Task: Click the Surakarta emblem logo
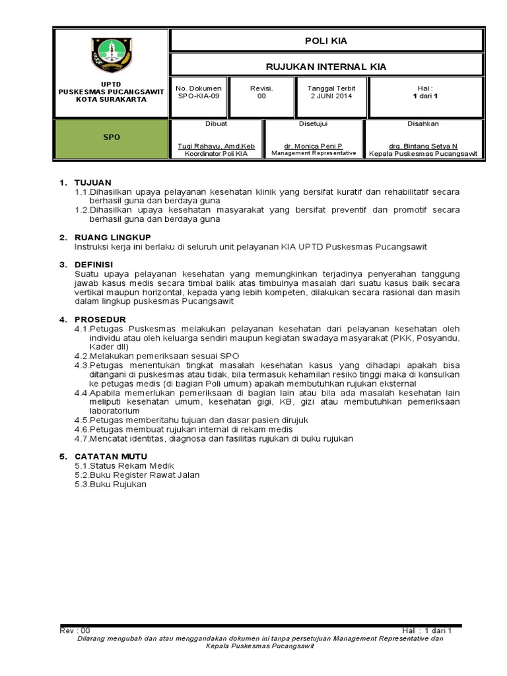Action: coord(111,55)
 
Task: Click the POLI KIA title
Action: coord(325,41)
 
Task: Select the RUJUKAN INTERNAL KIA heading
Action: coord(325,67)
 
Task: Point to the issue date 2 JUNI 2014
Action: coord(331,96)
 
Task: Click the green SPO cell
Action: coord(111,138)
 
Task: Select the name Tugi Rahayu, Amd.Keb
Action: coord(217,146)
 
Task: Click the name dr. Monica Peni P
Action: coord(313,146)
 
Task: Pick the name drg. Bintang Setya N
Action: coord(423,146)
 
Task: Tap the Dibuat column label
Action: coord(217,123)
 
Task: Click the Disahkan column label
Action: coord(423,123)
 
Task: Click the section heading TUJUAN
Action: coord(93,182)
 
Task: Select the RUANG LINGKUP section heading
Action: coord(113,237)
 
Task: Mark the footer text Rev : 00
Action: coord(75,630)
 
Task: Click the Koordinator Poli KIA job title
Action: coord(217,153)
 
